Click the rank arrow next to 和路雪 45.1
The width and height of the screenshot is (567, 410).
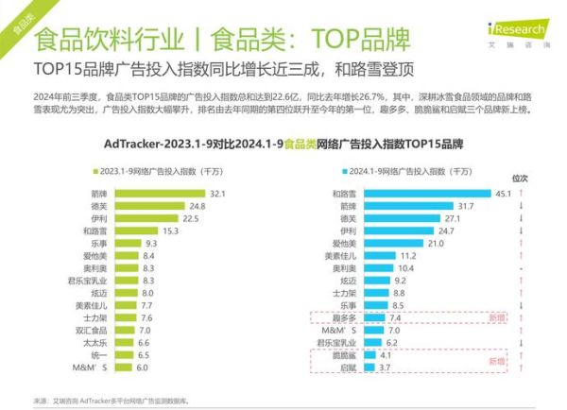click(x=520, y=194)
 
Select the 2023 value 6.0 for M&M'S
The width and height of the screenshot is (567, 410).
click(x=142, y=367)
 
